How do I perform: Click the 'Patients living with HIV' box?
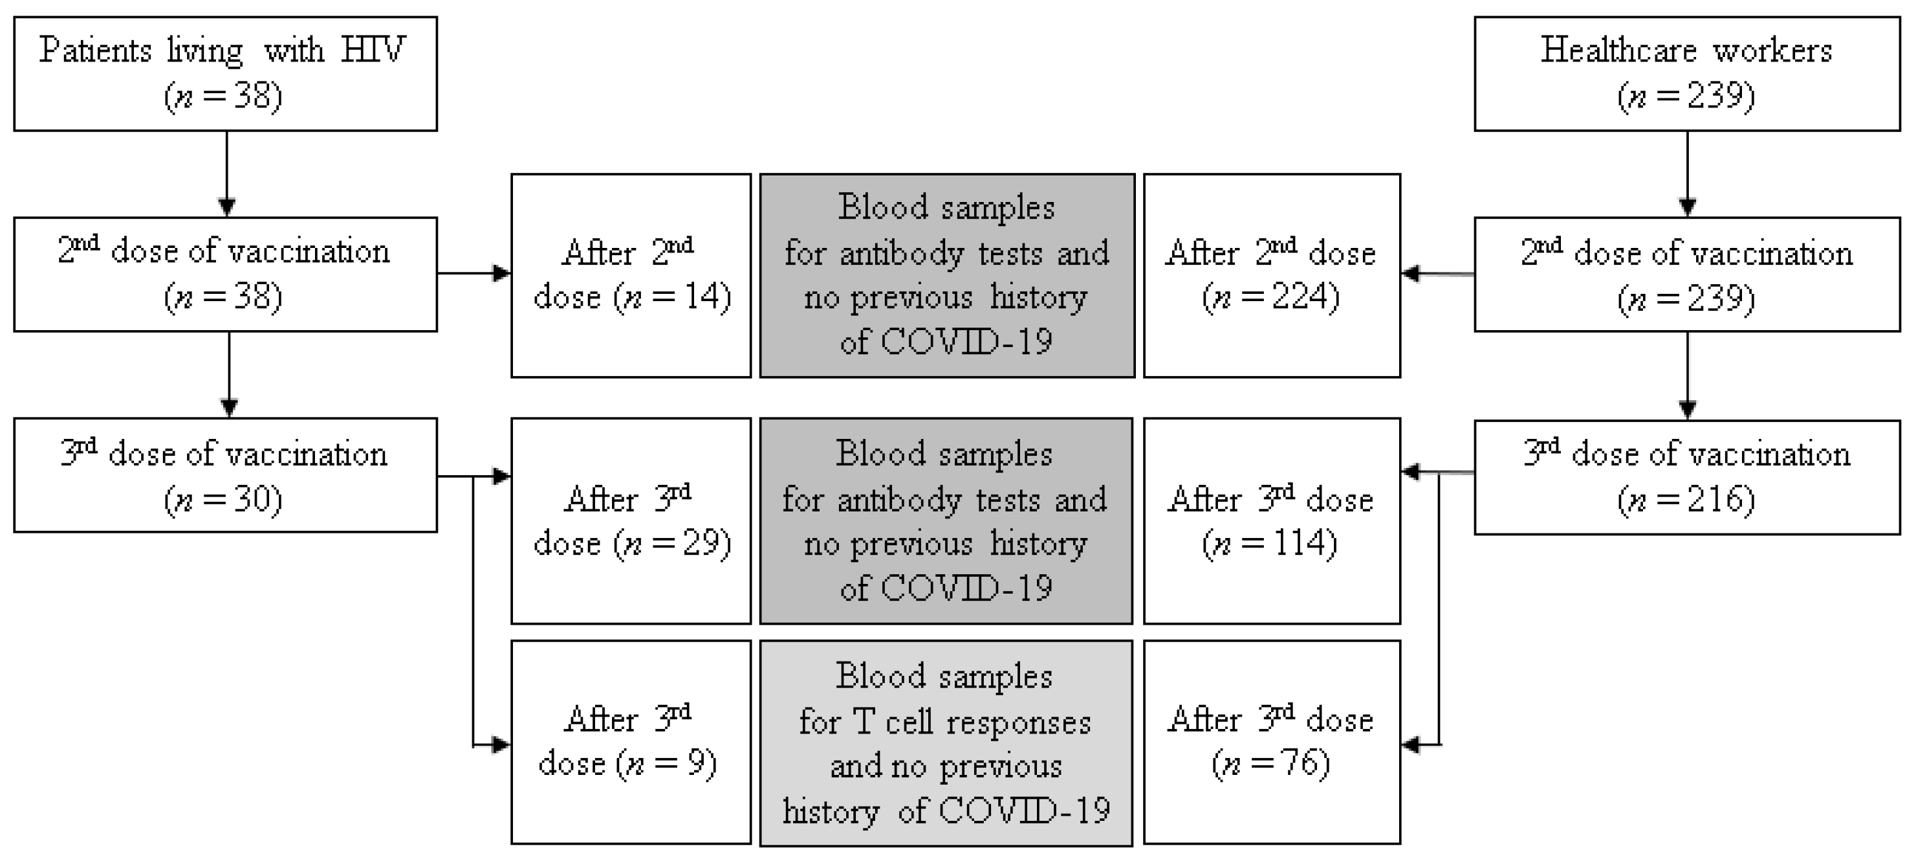(225, 74)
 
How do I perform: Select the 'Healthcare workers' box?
(1686, 74)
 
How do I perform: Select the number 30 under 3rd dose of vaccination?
(255, 499)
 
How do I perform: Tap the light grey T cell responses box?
(945, 743)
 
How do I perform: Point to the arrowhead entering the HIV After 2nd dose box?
(503, 273)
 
